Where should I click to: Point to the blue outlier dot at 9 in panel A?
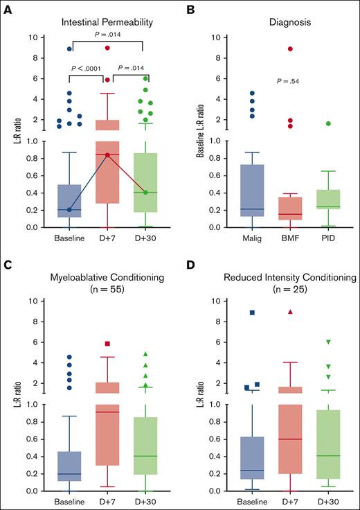pos(69,49)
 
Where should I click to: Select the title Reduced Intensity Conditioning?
pos(287,278)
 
